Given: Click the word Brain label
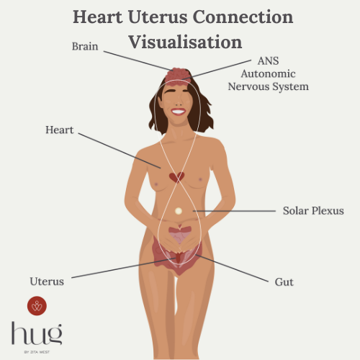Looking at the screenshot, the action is tap(85, 46).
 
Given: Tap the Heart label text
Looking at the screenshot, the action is tap(60, 130).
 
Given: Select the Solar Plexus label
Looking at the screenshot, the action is tap(313, 211).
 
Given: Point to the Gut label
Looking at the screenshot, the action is tap(284, 282).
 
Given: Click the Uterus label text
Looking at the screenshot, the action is tap(47, 282).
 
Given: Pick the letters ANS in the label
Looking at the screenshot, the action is tap(268, 61).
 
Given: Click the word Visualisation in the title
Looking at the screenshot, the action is tap(185, 42).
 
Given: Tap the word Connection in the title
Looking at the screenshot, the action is tap(243, 17).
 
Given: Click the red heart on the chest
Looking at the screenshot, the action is tap(176, 177).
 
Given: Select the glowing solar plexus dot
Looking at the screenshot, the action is tap(179, 211).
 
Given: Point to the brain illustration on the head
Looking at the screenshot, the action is tap(178, 76).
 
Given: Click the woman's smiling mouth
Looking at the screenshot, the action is tap(178, 112).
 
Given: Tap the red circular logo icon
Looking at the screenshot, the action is tap(37, 306).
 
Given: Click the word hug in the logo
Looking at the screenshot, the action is tap(37, 334).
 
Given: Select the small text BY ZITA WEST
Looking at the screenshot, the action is tap(37, 352).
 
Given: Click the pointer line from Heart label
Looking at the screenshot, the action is tap(120, 150).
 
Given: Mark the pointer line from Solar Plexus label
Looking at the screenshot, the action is tap(234, 211).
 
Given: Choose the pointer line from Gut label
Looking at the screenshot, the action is tap(232, 268).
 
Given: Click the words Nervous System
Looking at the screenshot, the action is tap(269, 86).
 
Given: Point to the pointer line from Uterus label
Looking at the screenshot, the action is tap(124, 268).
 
